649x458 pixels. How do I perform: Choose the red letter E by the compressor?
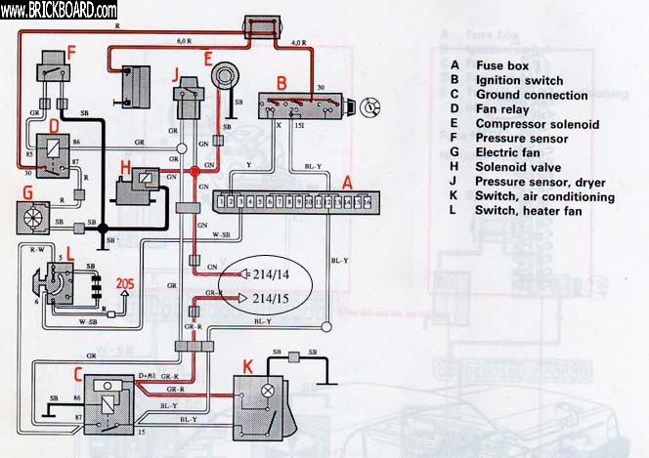(209, 59)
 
